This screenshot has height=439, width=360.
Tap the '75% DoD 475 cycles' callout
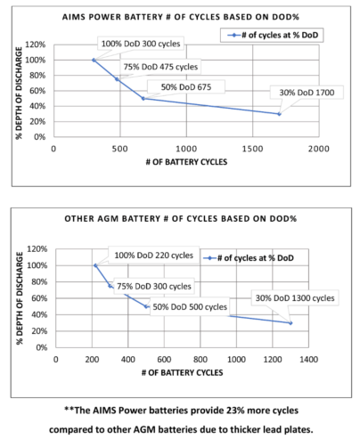160,67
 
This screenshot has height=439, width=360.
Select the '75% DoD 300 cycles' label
153,287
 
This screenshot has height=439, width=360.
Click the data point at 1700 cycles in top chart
279,114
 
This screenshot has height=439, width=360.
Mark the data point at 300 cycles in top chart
93,60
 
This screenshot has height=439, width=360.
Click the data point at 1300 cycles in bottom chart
290,322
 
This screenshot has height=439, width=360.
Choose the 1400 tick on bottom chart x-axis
308,360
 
